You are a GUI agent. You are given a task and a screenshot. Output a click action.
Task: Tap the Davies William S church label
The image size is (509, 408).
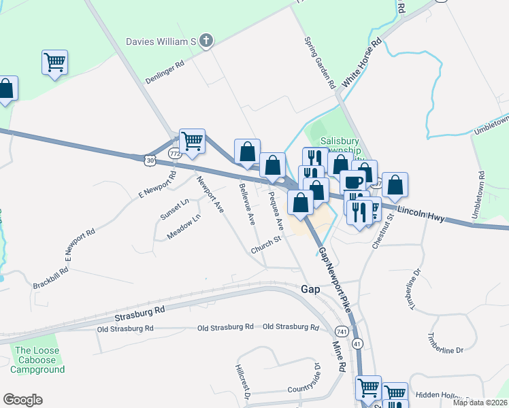click(x=161, y=41)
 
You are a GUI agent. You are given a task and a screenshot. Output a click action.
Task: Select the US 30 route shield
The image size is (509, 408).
click(x=149, y=159)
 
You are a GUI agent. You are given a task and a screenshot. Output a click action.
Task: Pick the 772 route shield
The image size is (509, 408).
click(x=175, y=154)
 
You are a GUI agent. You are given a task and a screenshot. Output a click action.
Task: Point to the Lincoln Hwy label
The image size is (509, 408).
click(x=422, y=215)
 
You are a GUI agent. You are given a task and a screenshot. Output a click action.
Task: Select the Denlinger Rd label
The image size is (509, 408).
click(x=165, y=73)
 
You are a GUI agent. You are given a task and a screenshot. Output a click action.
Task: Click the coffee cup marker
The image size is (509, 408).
click(x=353, y=182)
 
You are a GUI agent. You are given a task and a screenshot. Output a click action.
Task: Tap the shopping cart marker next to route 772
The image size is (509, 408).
click(x=193, y=141)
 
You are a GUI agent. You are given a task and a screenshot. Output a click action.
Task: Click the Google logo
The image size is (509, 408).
click(x=22, y=400)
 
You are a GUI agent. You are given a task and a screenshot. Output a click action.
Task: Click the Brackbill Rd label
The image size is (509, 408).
click(x=51, y=277)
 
